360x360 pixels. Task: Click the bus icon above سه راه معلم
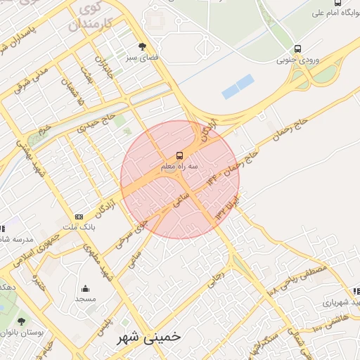[x=180, y=155]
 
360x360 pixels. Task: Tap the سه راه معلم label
[x=180, y=167]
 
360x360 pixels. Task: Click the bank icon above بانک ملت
[x=79, y=217]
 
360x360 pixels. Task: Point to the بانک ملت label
[x=79, y=228]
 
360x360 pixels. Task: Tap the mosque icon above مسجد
[x=85, y=288]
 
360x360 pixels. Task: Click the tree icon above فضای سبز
[x=143, y=46]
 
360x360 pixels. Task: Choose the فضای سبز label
[x=143, y=58]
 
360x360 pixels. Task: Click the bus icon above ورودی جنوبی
[x=298, y=49]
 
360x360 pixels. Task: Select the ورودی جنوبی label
[x=299, y=60]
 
